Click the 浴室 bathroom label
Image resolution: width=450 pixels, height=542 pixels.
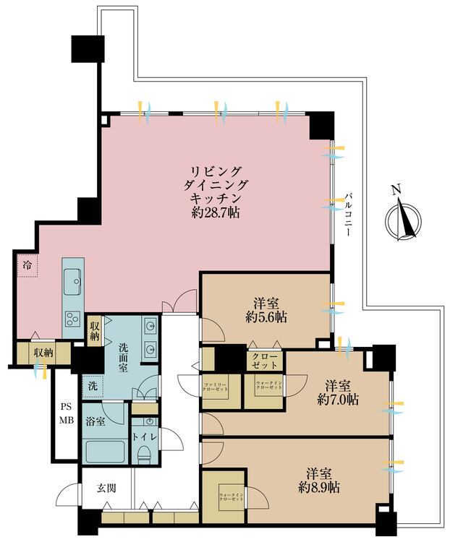point(95,421)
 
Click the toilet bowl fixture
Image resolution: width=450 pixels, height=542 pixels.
point(144,456)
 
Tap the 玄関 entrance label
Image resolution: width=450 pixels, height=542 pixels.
point(105,488)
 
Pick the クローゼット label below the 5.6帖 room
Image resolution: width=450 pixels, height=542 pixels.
point(263,360)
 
